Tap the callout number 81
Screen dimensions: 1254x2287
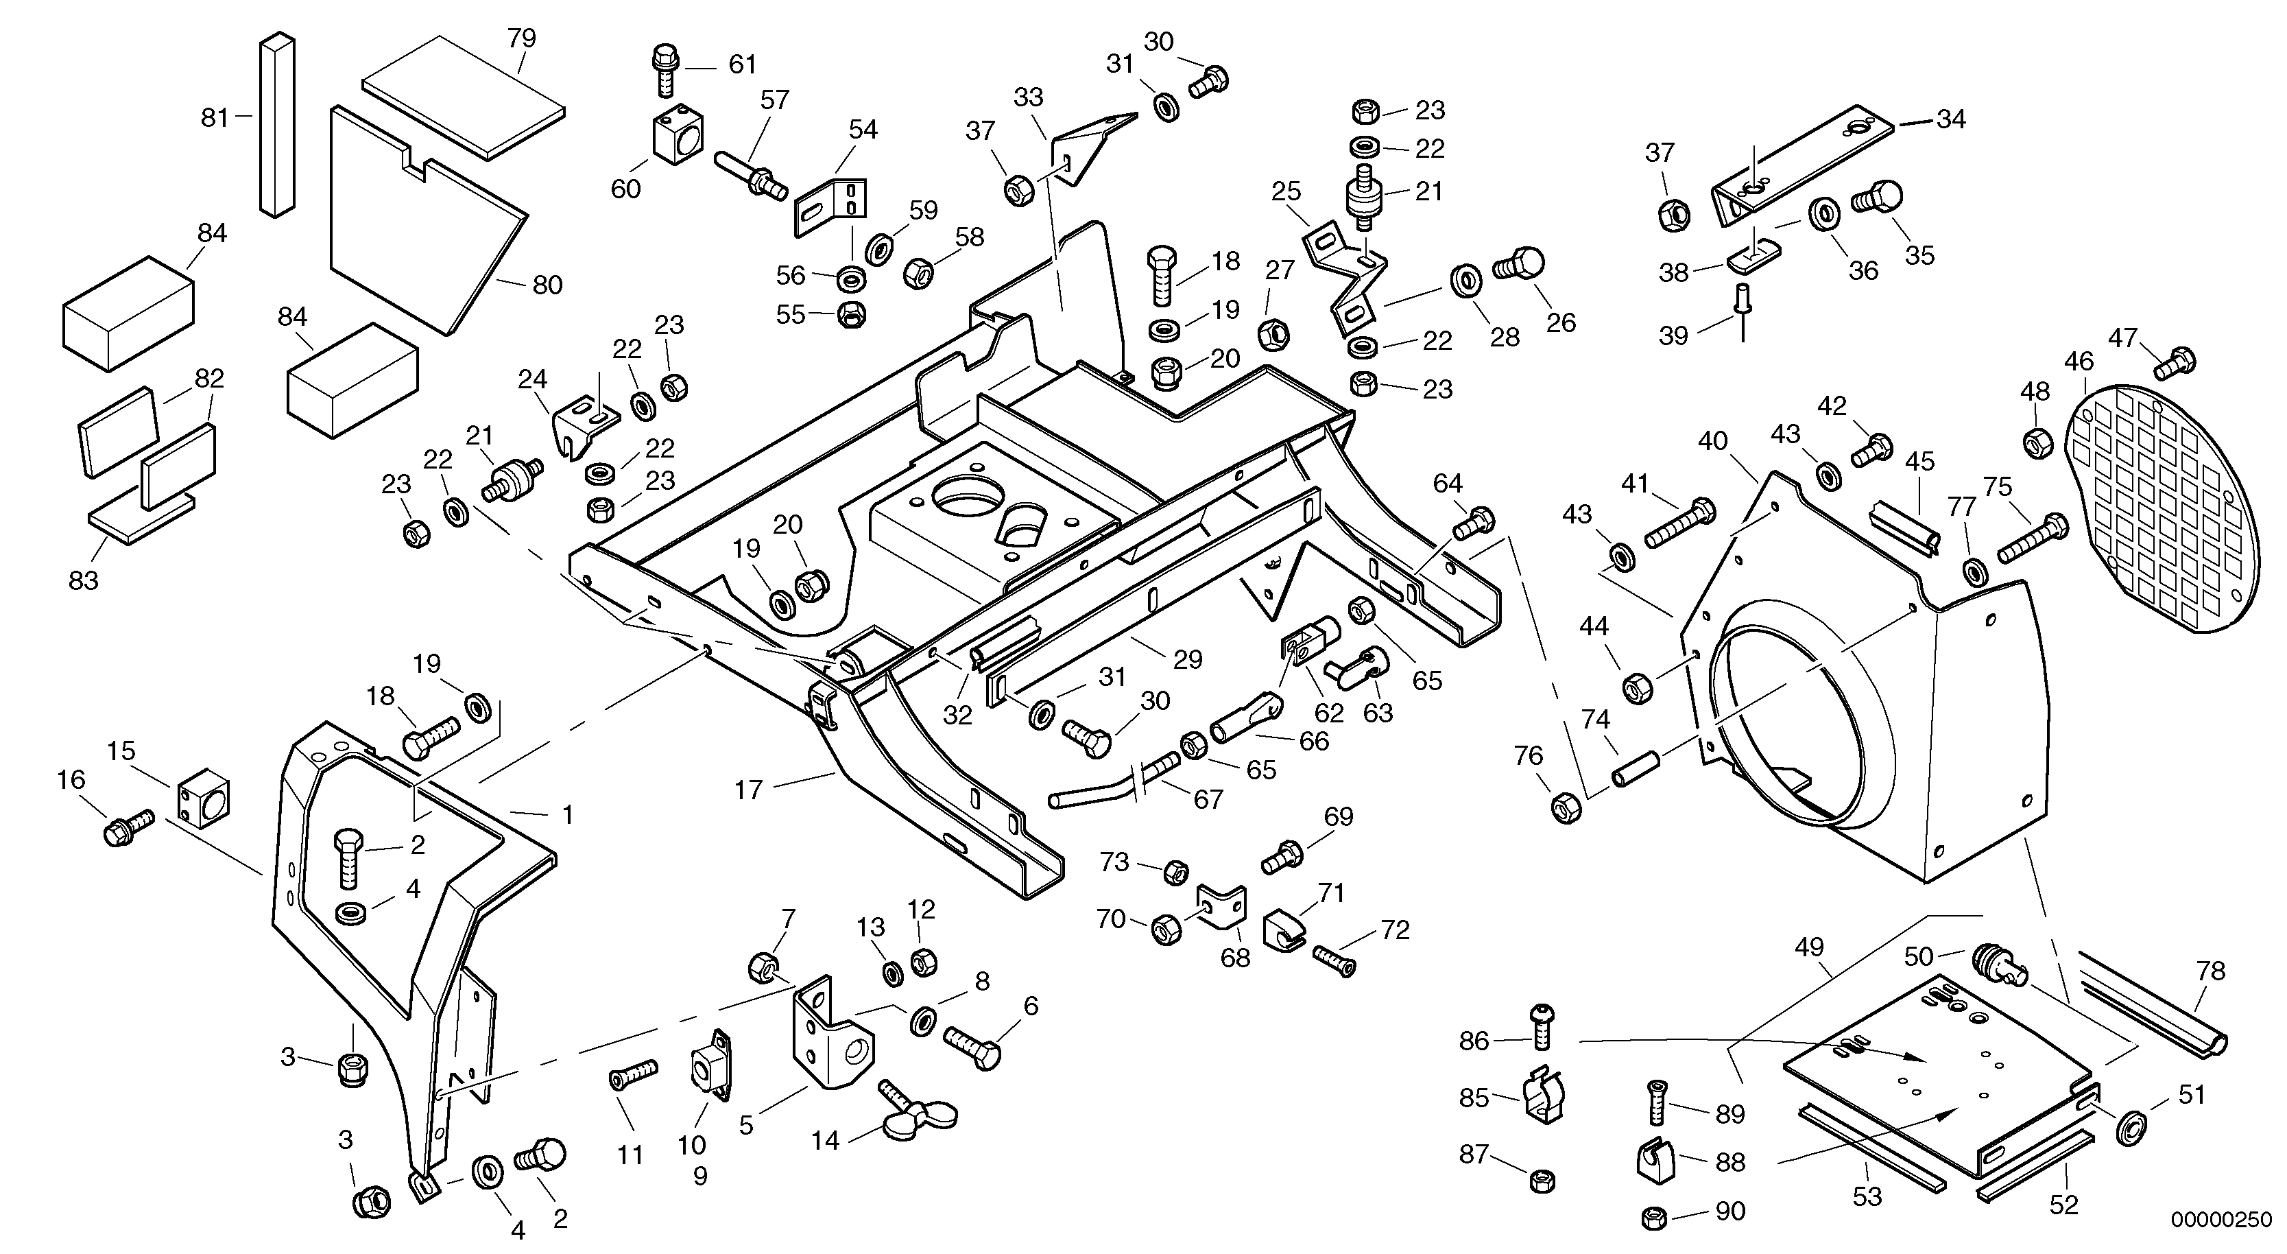coord(214,118)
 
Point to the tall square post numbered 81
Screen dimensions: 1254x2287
coord(276,124)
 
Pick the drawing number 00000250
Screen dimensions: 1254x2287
coord(2220,1220)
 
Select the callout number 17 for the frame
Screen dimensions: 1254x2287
coord(747,790)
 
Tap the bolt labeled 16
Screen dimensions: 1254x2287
coord(129,826)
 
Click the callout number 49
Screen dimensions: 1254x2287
coord(1808,947)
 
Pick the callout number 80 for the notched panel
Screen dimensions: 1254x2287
coord(548,285)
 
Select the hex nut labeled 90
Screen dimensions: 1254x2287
coord(1653,1217)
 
